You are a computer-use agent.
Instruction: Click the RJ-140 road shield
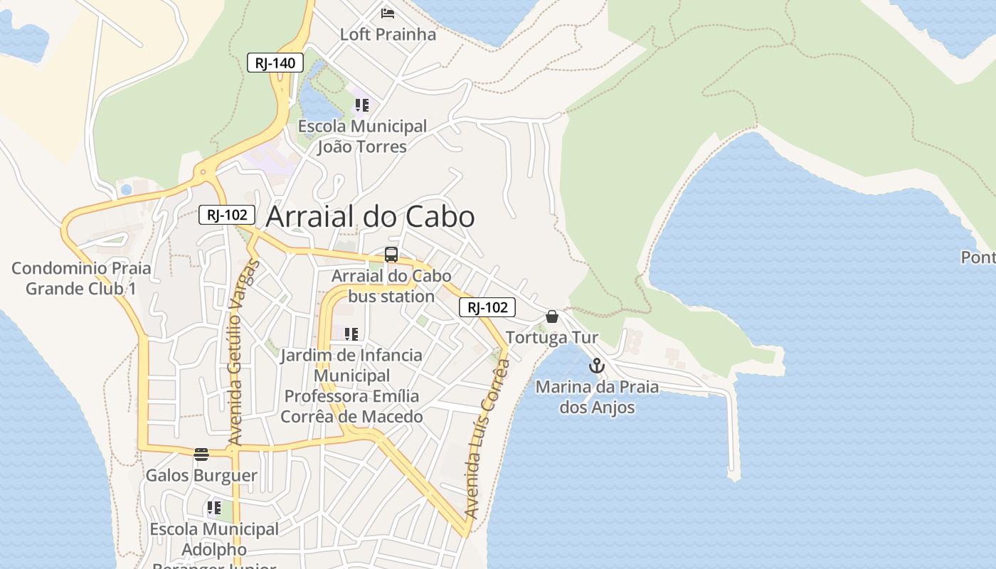275,63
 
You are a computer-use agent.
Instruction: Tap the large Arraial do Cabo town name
370,217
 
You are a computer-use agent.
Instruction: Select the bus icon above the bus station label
391,255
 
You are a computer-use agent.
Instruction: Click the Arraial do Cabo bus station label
391,286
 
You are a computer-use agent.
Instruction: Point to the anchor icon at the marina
596,366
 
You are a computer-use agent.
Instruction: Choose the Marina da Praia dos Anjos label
597,398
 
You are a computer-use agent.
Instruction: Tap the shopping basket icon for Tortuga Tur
552,317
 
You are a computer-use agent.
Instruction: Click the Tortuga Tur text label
552,337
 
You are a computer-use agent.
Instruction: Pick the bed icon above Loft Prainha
388,13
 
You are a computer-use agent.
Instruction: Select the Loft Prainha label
388,34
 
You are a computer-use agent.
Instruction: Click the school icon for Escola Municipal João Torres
362,105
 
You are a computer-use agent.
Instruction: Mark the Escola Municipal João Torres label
362,137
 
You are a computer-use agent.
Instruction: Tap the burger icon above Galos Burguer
201,454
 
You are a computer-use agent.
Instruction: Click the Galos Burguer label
201,475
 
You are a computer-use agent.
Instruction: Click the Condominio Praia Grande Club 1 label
81,279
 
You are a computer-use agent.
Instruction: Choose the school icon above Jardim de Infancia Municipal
351,334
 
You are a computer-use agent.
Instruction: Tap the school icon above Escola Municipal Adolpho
214,508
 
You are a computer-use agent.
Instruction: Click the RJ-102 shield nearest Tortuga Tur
487,307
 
